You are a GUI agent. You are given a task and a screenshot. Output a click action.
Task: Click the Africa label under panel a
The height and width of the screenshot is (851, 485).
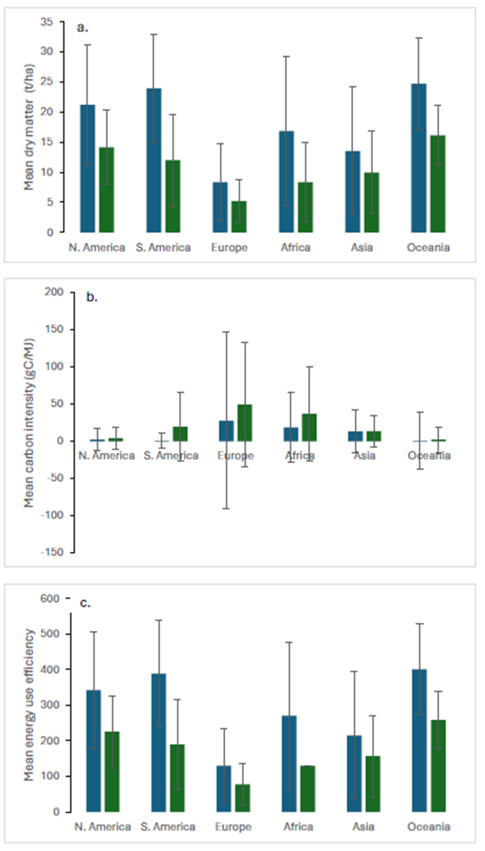[295, 248]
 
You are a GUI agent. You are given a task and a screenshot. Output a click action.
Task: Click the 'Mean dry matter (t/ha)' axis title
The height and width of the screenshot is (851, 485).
[29, 127]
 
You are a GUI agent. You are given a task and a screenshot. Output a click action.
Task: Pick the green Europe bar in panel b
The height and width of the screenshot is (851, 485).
[245, 423]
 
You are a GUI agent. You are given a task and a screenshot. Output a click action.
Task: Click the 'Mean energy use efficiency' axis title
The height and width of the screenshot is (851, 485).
[29, 705]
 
